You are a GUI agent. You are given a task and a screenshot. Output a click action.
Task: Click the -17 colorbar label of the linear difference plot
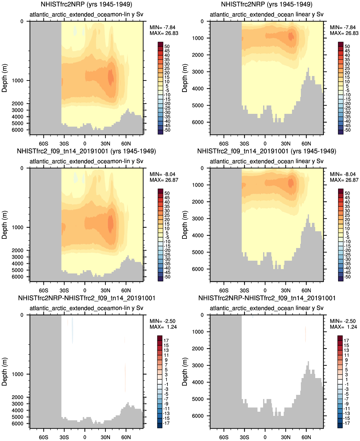(346, 423)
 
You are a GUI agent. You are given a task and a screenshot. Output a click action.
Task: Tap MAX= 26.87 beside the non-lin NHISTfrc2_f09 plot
(164, 180)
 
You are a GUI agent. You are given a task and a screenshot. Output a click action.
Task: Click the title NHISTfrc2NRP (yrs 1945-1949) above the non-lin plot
(86, 4)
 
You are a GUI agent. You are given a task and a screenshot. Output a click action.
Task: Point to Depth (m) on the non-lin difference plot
(4, 372)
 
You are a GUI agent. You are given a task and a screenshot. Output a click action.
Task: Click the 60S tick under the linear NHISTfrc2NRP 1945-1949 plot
(224, 143)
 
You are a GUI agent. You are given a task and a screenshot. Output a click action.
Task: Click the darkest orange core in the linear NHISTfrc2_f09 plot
(290, 183)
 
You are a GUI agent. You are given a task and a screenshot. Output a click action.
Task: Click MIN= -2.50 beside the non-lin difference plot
(162, 321)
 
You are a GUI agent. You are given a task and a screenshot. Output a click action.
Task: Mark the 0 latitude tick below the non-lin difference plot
(85, 437)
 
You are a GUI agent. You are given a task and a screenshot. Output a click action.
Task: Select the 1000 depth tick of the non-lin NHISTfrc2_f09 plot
(17, 227)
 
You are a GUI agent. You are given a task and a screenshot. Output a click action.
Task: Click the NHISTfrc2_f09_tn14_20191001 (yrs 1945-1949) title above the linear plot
(267, 151)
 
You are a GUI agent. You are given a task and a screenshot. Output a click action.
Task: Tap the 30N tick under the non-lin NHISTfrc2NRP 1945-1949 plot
(105, 143)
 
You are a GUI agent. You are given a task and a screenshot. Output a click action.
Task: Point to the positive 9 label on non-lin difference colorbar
(166, 360)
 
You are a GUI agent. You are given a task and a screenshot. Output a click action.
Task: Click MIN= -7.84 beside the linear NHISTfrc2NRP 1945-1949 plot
(343, 27)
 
